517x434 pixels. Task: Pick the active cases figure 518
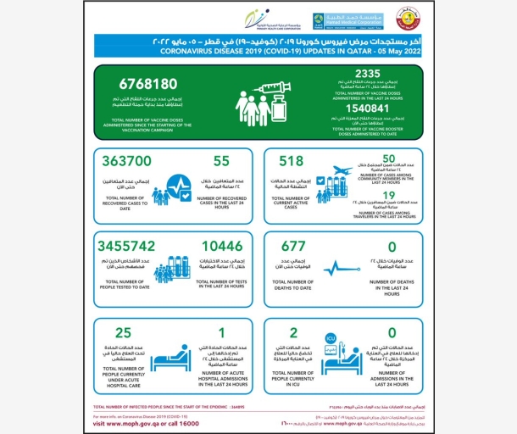pyautogui.click(x=290, y=160)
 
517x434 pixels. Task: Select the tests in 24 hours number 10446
pyautogui.click(x=224, y=244)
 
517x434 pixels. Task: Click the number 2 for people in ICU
pyautogui.click(x=293, y=333)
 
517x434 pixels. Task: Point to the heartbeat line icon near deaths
pyautogui.click(x=336, y=270)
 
